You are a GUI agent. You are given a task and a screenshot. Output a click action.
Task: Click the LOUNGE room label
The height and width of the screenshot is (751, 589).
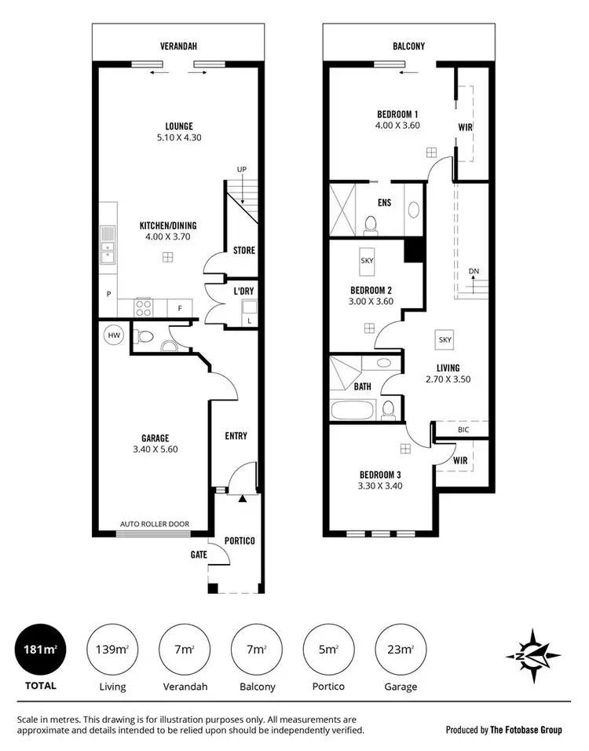179,126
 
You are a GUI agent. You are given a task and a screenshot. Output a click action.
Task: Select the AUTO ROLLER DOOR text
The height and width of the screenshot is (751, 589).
154,524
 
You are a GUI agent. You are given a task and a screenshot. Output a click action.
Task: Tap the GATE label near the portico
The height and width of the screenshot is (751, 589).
198,554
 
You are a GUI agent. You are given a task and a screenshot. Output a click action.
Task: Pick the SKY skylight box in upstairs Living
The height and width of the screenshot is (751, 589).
445,339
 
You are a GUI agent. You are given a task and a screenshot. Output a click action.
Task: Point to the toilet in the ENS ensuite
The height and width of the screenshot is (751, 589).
371,225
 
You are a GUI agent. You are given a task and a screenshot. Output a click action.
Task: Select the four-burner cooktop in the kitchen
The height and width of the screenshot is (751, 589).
144,307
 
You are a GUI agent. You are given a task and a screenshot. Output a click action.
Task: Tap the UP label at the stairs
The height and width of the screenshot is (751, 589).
242,169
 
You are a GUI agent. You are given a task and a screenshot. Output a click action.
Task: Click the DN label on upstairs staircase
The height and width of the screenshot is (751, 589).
474,271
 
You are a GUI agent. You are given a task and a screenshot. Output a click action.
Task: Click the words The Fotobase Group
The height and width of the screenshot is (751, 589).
527,730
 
